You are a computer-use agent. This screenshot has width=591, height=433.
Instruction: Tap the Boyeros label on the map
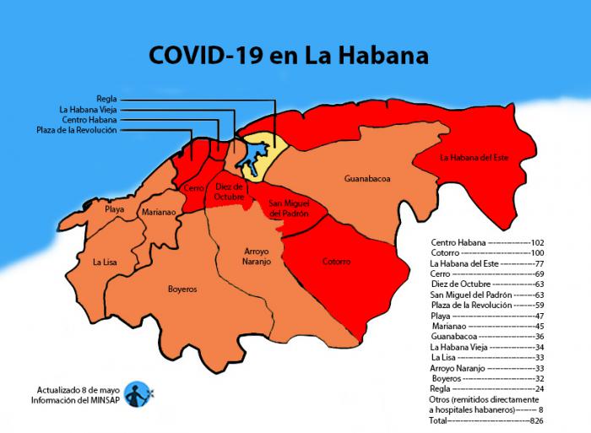182,289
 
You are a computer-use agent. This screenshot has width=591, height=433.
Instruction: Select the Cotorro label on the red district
336,262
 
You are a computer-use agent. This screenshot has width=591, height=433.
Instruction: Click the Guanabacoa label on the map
367,179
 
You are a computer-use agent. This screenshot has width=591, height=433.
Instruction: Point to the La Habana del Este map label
474,157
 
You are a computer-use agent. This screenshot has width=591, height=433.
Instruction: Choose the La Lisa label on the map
105,263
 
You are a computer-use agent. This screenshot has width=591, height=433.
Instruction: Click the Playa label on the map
114,208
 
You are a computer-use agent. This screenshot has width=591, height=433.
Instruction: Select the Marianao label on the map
158,213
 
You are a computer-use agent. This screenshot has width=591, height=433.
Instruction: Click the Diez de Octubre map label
229,191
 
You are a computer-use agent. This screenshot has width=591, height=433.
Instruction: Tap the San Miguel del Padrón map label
288,208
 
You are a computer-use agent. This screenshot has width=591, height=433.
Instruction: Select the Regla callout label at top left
106,99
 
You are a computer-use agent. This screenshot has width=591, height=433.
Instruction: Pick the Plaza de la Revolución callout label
77,130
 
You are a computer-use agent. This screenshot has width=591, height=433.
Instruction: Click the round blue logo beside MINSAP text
137,393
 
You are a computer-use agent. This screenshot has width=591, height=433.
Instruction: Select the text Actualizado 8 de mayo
77,390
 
